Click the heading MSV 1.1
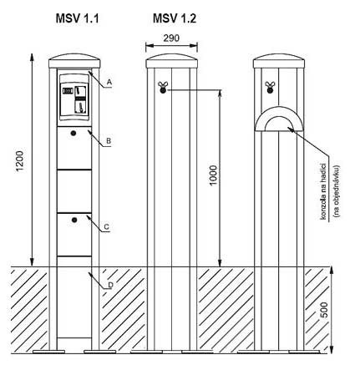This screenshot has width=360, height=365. [x=77, y=18]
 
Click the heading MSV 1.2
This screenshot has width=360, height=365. [x=175, y=18]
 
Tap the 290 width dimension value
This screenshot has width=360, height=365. [x=171, y=38]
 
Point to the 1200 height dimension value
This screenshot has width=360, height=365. [x=20, y=161]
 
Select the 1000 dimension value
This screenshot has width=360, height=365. [x=213, y=175]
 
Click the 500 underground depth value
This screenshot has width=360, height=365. [x=325, y=309]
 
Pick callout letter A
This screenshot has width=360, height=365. [x=109, y=82]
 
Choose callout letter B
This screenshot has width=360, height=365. [x=109, y=141]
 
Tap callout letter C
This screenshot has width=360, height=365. [x=106, y=227]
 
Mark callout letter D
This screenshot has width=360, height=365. [x=110, y=285]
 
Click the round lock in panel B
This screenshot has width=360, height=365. [x=74, y=134]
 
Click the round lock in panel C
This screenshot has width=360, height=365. [x=74, y=221]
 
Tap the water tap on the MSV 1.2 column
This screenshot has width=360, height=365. [x=163, y=87]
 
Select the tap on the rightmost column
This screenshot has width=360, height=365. [x=269, y=87]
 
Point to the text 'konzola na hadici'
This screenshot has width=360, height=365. [x=323, y=191]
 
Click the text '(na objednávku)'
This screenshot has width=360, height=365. [x=337, y=191]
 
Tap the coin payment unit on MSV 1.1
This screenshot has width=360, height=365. [x=74, y=97]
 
